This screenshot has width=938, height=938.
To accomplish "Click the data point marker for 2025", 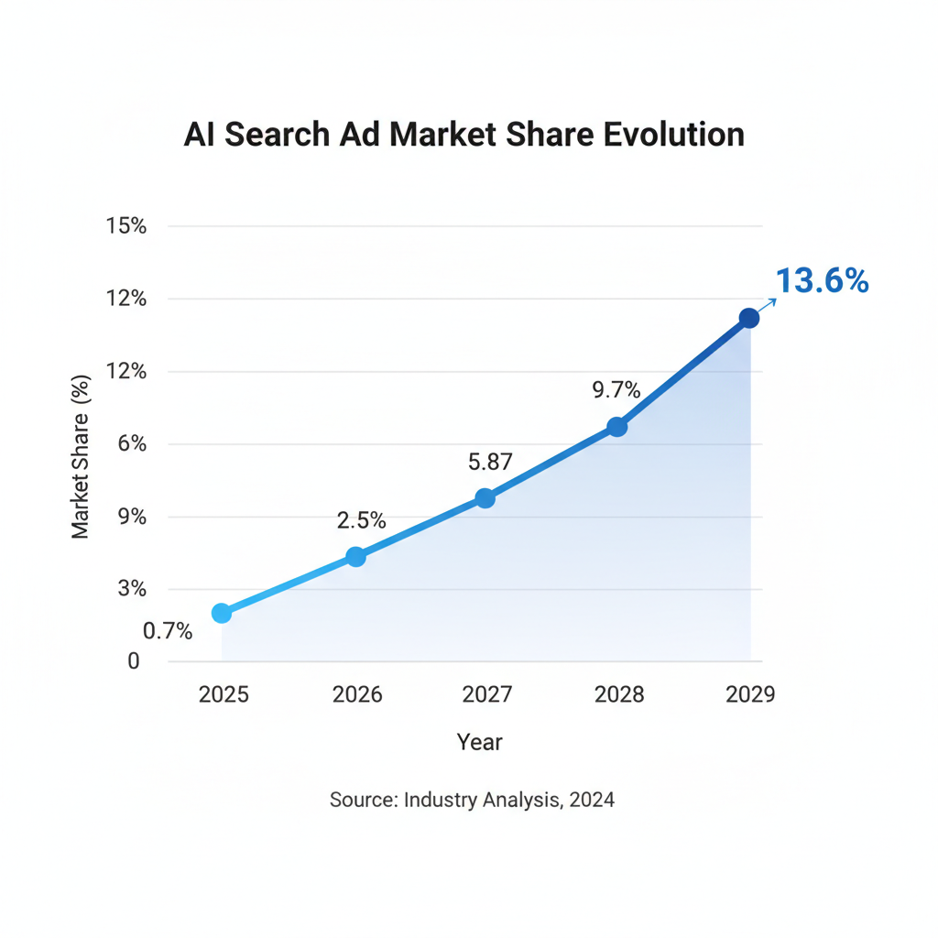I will click(x=222, y=613).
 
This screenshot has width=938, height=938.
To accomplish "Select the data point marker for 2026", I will click(x=356, y=557).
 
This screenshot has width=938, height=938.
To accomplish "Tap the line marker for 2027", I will click(x=485, y=498).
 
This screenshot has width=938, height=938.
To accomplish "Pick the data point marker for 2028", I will click(x=617, y=427).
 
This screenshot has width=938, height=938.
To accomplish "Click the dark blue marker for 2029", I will click(x=749, y=318).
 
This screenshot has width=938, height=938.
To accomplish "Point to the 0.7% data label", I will click(x=168, y=631).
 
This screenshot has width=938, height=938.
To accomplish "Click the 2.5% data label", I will click(x=361, y=520).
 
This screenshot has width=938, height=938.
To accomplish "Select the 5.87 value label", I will click(x=490, y=463).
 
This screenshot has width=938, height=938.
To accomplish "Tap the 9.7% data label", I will click(x=616, y=390).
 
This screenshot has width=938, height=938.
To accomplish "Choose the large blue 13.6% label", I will click(x=822, y=281).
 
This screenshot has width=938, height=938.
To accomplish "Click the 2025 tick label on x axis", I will click(x=224, y=694).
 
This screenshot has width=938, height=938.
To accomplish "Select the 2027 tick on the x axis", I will click(x=487, y=694).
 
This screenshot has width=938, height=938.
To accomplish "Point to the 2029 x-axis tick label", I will click(x=750, y=694).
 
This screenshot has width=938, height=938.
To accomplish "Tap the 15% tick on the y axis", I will click(x=127, y=226).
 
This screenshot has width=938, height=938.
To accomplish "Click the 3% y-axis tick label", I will click(x=132, y=588).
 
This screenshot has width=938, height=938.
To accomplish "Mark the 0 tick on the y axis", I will click(x=134, y=660).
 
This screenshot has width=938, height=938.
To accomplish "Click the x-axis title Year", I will click(x=480, y=741).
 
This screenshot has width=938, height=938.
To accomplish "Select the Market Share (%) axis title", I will click(x=82, y=456).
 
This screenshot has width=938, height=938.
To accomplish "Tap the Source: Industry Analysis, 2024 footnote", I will click(x=472, y=800).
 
